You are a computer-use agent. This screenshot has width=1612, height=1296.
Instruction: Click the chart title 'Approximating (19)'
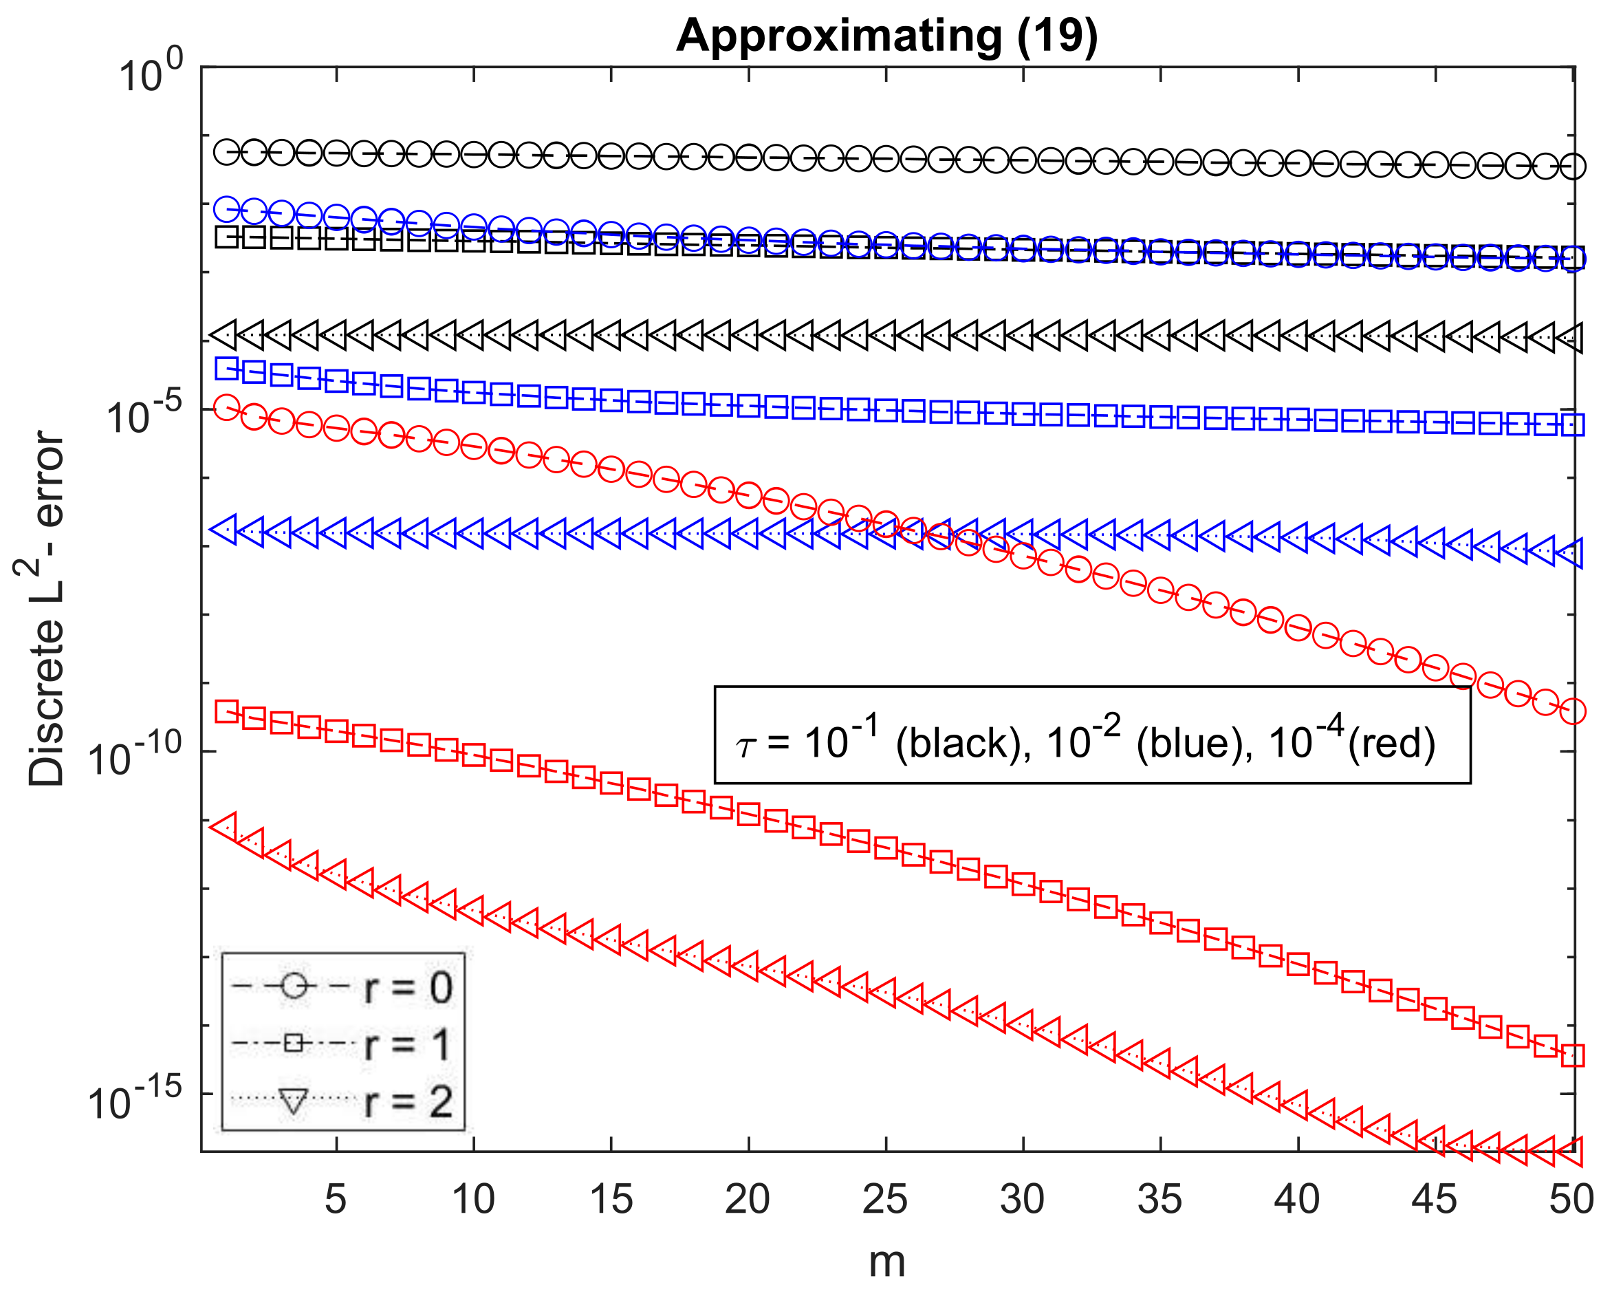[x=886, y=36]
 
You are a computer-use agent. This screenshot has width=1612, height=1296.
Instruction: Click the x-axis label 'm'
[x=886, y=1262]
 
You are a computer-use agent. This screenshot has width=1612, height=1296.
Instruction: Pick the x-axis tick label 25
[x=884, y=1198]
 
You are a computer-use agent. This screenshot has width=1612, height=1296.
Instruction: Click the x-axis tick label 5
[x=336, y=1198]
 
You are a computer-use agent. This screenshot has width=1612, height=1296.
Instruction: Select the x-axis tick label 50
[x=1571, y=1198]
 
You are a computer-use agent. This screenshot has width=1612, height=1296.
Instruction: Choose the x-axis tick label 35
[x=1159, y=1198]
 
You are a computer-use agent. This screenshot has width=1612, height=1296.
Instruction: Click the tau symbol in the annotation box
[x=745, y=746]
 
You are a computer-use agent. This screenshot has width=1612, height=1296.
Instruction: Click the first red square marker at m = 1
[x=226, y=711]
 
